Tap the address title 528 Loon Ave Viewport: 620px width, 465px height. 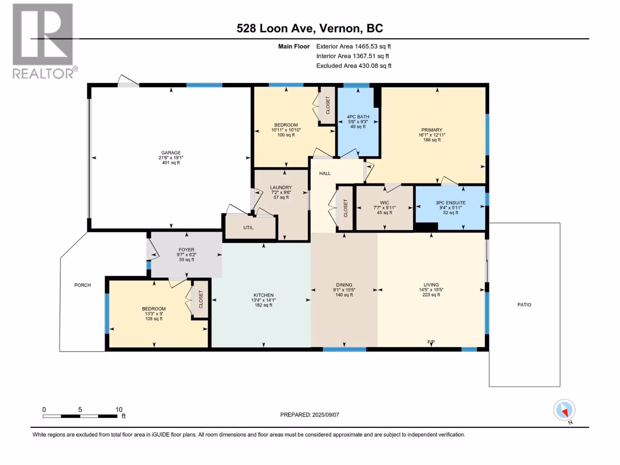[275, 28]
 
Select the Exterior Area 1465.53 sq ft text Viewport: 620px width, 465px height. [353, 46]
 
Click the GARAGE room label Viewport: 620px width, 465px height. [171, 152]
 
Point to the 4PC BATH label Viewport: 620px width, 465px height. [358, 117]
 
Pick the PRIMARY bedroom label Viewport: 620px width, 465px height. [432, 130]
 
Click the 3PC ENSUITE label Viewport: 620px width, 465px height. [451, 203]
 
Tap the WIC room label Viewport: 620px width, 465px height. [384, 203]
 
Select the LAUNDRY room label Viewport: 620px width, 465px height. [281, 188]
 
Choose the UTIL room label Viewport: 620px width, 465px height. [248, 227]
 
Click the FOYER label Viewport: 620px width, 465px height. [186, 250]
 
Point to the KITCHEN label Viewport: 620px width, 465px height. [263, 295]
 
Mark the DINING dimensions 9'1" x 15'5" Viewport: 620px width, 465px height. [344, 290]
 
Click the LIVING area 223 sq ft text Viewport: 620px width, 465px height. [431, 295]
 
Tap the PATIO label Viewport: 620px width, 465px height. [524, 305]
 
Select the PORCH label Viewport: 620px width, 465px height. [83, 285]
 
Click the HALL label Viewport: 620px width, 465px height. [325, 173]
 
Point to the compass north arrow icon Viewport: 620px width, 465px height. [564, 410]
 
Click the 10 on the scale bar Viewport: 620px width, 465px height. [119, 409]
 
